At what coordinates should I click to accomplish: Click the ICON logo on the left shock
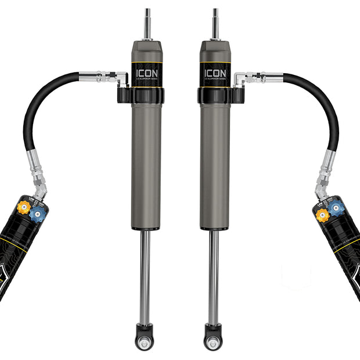[x=146, y=74]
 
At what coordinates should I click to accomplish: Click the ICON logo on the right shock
[x=215, y=74]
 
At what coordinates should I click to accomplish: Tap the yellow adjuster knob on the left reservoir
[x=24, y=207]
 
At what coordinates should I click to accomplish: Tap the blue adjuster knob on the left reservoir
[x=38, y=214]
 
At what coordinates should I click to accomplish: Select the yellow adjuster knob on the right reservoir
[x=322, y=215]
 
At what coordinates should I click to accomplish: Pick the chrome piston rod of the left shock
[x=145, y=273]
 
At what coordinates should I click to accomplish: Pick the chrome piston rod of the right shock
[x=214, y=273]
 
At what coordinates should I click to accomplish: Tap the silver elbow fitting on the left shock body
[x=122, y=77]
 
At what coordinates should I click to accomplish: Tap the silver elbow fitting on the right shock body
[x=239, y=77]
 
